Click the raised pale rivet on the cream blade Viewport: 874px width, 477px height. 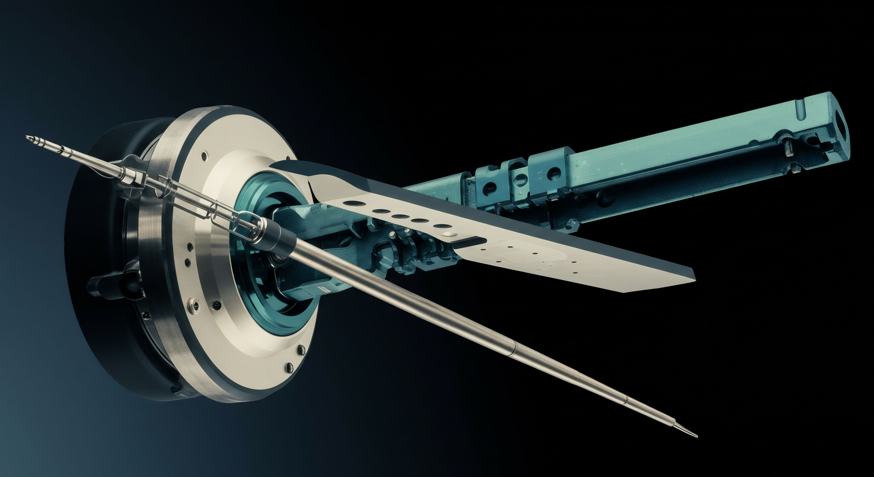tap(449, 234)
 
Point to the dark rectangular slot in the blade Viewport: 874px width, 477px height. tap(470, 242)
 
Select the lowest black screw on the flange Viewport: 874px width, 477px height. tap(289, 366)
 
